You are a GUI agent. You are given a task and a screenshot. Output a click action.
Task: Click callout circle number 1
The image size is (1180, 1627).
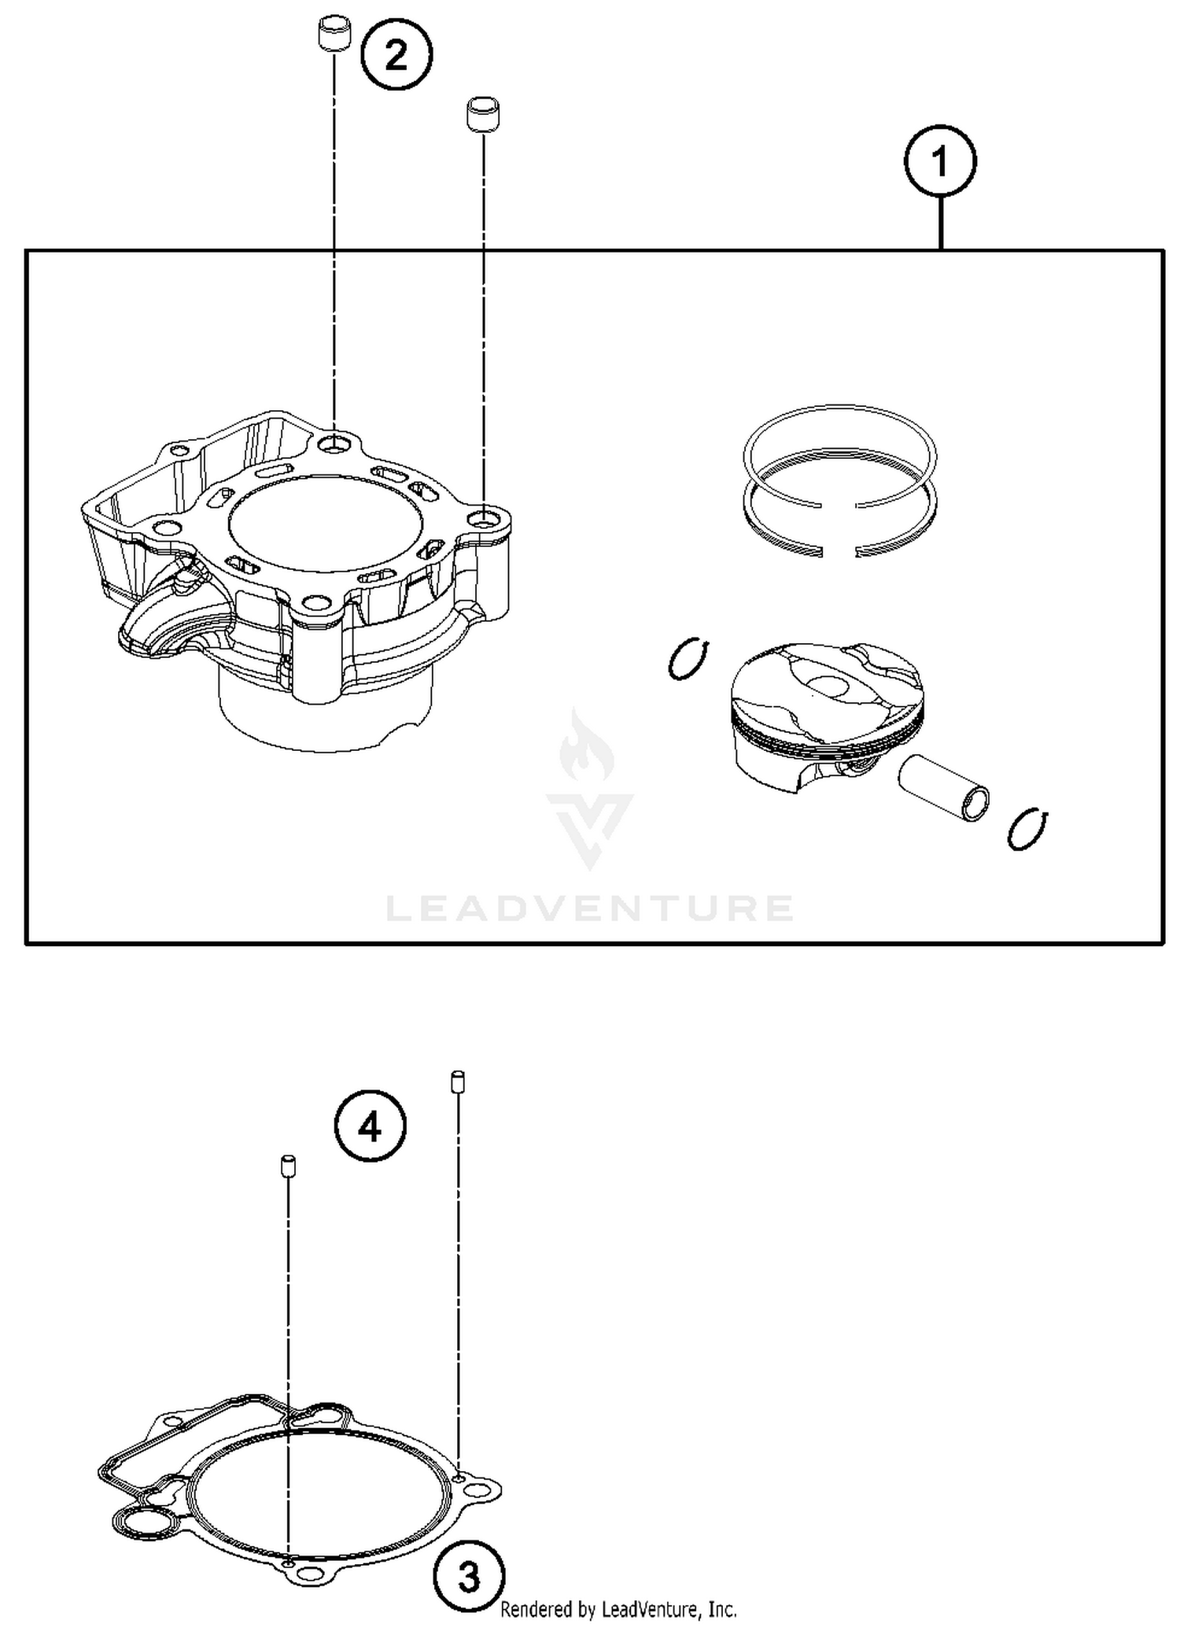[x=939, y=161]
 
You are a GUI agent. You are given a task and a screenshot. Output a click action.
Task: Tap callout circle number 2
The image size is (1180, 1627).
[x=396, y=55]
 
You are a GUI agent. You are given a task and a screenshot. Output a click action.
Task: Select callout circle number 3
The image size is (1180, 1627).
[x=468, y=1577]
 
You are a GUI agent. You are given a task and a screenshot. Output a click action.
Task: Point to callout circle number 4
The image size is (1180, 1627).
[x=370, y=1128]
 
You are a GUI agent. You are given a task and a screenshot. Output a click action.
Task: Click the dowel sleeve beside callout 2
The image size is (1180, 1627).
[x=334, y=35]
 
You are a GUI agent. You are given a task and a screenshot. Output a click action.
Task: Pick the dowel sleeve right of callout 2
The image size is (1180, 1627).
[x=483, y=116]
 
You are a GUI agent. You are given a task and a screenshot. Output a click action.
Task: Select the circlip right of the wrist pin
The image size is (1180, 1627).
[x=1027, y=829]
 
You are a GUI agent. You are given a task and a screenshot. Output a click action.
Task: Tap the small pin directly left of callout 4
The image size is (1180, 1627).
[x=289, y=1166]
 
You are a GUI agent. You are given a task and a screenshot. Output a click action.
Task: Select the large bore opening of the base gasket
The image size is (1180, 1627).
[x=323, y=1496]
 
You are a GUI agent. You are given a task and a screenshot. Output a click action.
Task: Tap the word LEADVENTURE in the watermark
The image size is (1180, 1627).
[x=589, y=908]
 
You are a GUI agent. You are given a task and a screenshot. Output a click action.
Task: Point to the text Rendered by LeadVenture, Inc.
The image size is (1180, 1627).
[x=618, y=1609]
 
